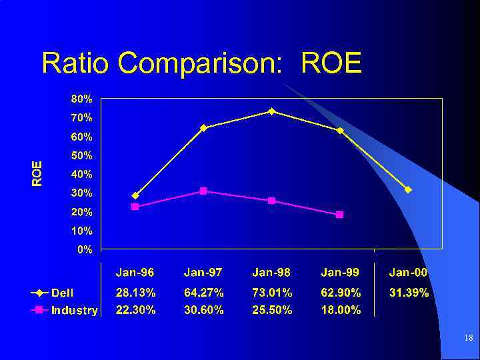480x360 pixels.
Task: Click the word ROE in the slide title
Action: click(331, 63)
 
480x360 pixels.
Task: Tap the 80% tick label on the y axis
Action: click(82, 99)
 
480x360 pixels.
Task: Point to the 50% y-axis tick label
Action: click(82, 155)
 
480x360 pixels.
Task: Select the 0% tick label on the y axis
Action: click(85, 250)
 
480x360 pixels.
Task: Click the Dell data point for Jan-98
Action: click(271, 111)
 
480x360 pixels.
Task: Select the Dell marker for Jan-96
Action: click(135, 195)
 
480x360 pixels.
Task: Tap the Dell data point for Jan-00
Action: click(408, 190)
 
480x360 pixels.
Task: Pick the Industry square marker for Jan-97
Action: click(203, 191)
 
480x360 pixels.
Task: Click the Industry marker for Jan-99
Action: click(339, 215)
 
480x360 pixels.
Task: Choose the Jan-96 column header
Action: click(135, 273)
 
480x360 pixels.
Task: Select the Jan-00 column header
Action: click(408, 273)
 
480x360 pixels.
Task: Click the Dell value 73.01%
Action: click(272, 293)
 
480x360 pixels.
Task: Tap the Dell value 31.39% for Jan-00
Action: click(408, 293)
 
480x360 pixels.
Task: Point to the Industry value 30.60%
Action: click(203, 310)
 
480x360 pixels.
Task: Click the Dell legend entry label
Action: click(63, 293)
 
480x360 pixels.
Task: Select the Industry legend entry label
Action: click(75, 310)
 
